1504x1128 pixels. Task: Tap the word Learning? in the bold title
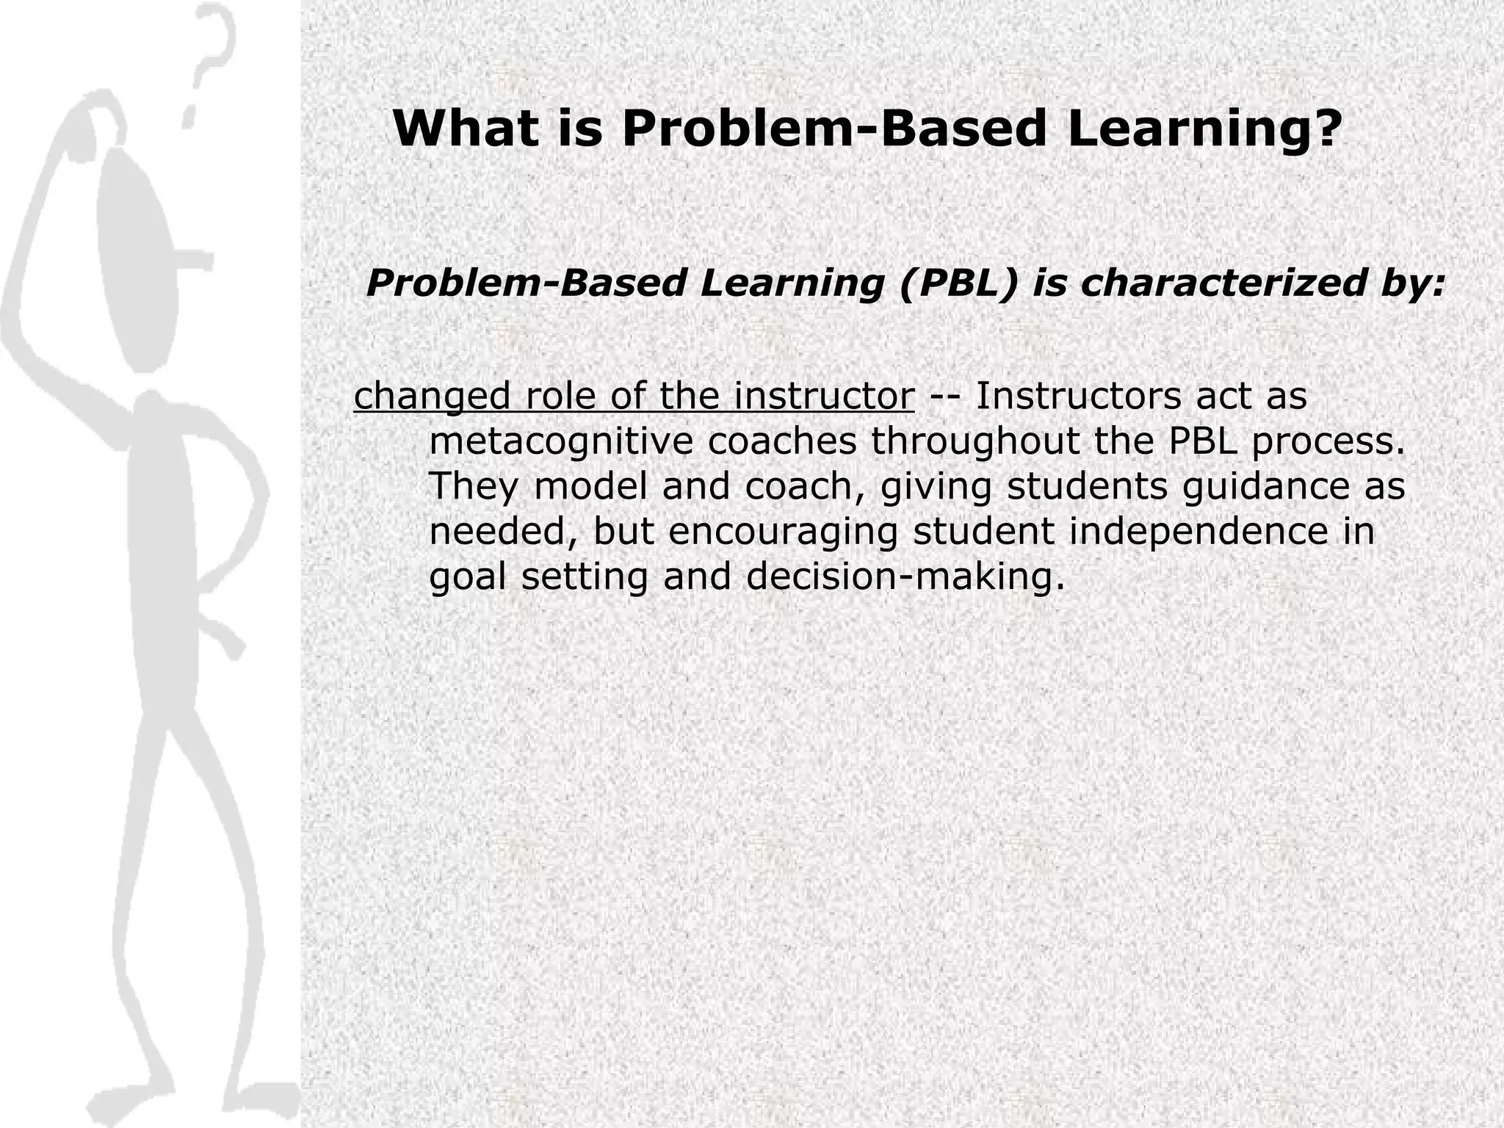1204,129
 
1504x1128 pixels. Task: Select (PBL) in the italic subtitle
959,283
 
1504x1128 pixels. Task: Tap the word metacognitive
561,442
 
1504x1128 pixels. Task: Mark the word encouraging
783,532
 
